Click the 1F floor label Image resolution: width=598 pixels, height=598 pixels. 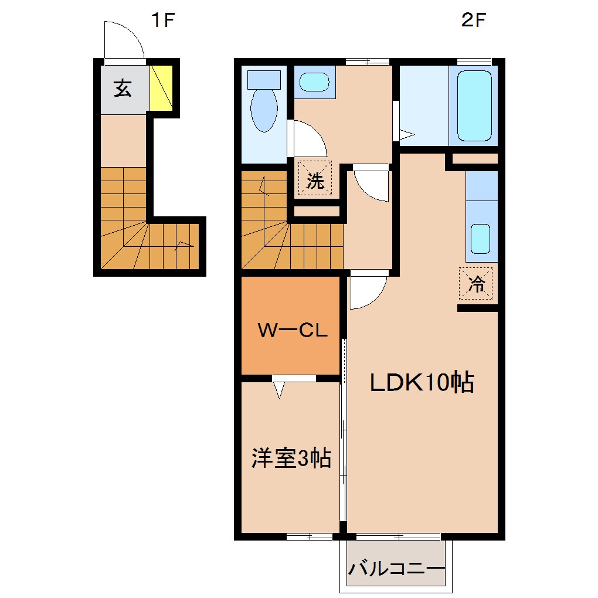[164, 21]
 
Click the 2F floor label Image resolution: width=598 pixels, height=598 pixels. [474, 21]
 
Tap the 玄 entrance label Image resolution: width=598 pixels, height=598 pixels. [123, 89]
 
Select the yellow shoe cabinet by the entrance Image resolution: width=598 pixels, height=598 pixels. [161, 87]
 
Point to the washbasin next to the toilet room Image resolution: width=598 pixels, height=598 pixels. [314, 82]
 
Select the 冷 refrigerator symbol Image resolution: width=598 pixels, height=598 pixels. [475, 284]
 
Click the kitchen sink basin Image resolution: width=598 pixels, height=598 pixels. [481, 238]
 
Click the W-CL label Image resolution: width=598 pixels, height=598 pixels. [293, 331]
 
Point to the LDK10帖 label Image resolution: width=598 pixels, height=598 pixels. [421, 383]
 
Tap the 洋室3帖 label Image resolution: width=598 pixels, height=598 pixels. [292, 458]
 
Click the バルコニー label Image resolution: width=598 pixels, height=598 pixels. [396, 569]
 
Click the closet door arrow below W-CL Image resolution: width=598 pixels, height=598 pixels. [279, 389]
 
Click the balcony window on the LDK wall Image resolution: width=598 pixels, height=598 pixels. [398, 536]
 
